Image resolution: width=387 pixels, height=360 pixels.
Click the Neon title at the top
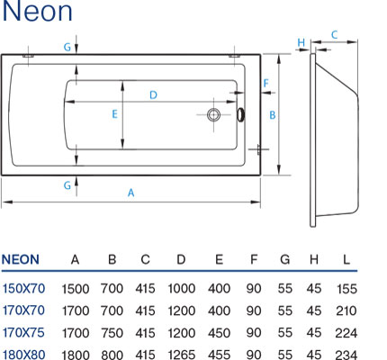[37, 12]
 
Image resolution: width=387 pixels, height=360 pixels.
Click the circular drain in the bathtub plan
[213, 114]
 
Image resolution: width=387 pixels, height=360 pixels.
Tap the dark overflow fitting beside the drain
[241, 114]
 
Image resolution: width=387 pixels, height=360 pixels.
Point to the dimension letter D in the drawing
[153, 95]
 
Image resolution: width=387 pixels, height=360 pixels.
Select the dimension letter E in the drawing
[114, 114]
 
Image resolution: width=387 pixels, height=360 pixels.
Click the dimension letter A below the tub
[130, 193]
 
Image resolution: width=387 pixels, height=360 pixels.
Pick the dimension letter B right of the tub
[273, 115]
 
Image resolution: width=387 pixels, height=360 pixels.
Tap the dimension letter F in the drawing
[265, 83]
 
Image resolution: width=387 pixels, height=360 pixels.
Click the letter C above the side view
[334, 35]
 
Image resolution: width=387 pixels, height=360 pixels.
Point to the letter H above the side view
[301, 42]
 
